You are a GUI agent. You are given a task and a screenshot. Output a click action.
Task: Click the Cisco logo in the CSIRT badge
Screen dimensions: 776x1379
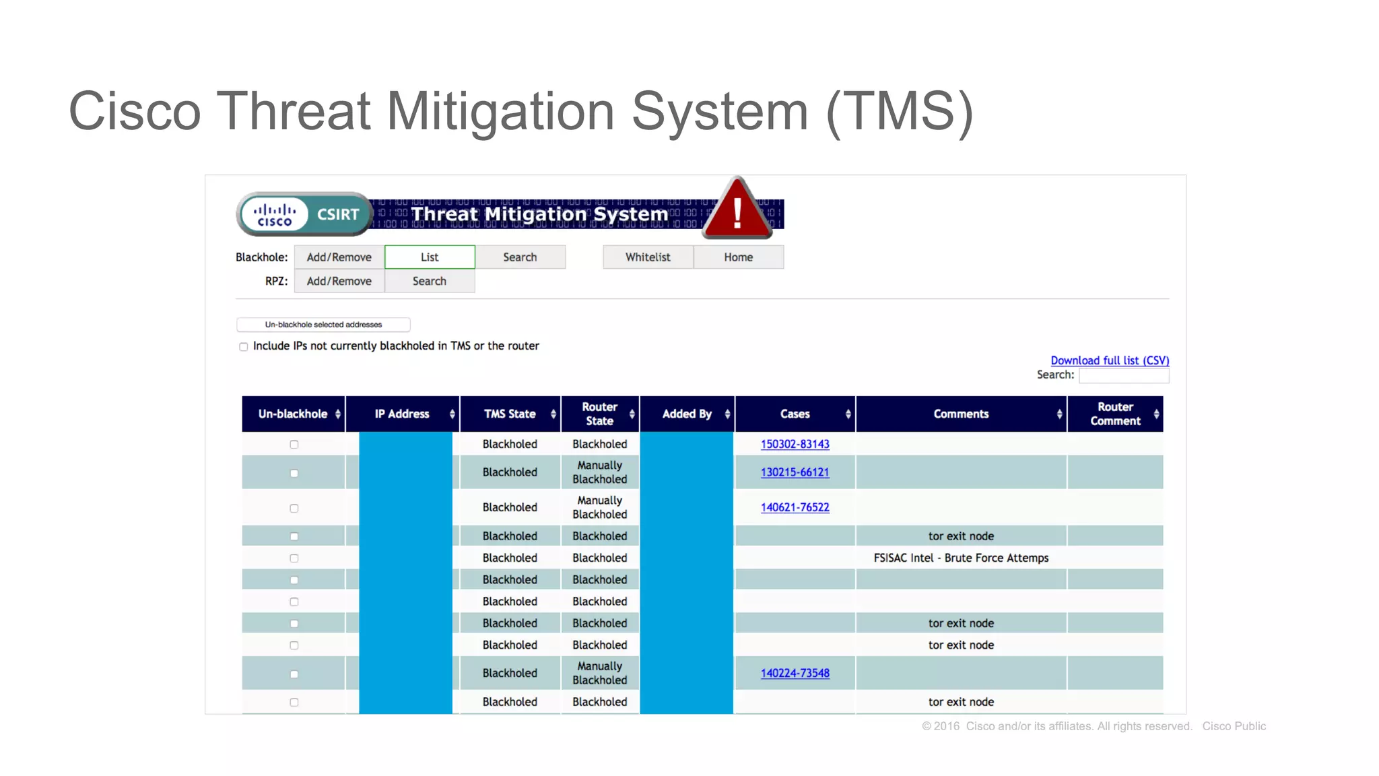(x=274, y=215)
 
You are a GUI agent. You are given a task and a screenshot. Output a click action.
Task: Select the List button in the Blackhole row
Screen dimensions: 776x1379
(x=430, y=257)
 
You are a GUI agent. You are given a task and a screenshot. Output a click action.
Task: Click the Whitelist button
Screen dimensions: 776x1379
(x=648, y=257)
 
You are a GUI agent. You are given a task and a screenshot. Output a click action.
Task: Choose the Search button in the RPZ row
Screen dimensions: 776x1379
(x=430, y=281)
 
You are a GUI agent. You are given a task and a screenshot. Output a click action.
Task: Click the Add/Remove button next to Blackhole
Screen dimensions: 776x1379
(x=339, y=257)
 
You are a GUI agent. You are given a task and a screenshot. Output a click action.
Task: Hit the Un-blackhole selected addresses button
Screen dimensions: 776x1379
(x=323, y=325)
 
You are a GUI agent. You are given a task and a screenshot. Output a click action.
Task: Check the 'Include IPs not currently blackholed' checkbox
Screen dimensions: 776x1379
(x=244, y=347)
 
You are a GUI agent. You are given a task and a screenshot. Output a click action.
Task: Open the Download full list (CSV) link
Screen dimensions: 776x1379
(x=1110, y=360)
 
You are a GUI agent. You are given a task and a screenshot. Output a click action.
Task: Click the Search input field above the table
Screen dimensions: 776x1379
(x=1124, y=375)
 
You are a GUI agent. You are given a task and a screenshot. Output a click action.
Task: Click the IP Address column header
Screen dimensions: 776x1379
(x=402, y=414)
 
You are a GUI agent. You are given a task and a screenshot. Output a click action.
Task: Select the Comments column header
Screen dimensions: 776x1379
(x=961, y=414)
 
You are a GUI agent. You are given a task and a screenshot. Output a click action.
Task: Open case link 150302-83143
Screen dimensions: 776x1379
(x=795, y=444)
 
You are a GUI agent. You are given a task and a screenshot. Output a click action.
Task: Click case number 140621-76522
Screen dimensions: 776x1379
(x=795, y=507)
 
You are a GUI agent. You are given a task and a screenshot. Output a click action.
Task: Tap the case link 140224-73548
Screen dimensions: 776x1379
(x=795, y=673)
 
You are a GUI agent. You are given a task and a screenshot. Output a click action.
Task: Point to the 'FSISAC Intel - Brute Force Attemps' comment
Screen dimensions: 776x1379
(x=961, y=558)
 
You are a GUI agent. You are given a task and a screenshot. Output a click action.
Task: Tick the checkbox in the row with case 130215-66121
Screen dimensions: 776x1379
(x=294, y=473)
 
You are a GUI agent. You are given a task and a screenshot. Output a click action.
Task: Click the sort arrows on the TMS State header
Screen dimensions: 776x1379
(x=553, y=414)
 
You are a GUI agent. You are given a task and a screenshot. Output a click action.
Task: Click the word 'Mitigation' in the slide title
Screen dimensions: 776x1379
(x=500, y=111)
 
